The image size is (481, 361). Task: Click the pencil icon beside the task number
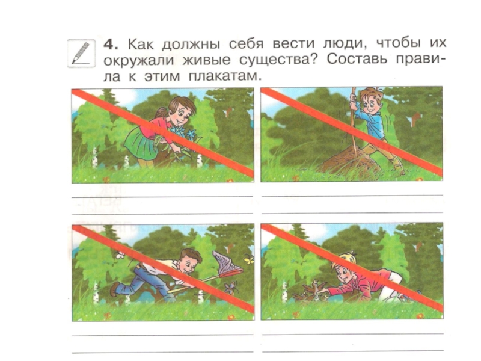point(81,54)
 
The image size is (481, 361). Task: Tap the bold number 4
point(111,45)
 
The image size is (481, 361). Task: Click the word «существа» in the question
point(278,60)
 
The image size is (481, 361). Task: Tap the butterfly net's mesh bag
point(226,262)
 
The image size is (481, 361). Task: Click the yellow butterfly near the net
point(249,260)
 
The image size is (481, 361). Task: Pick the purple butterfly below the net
point(230,288)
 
